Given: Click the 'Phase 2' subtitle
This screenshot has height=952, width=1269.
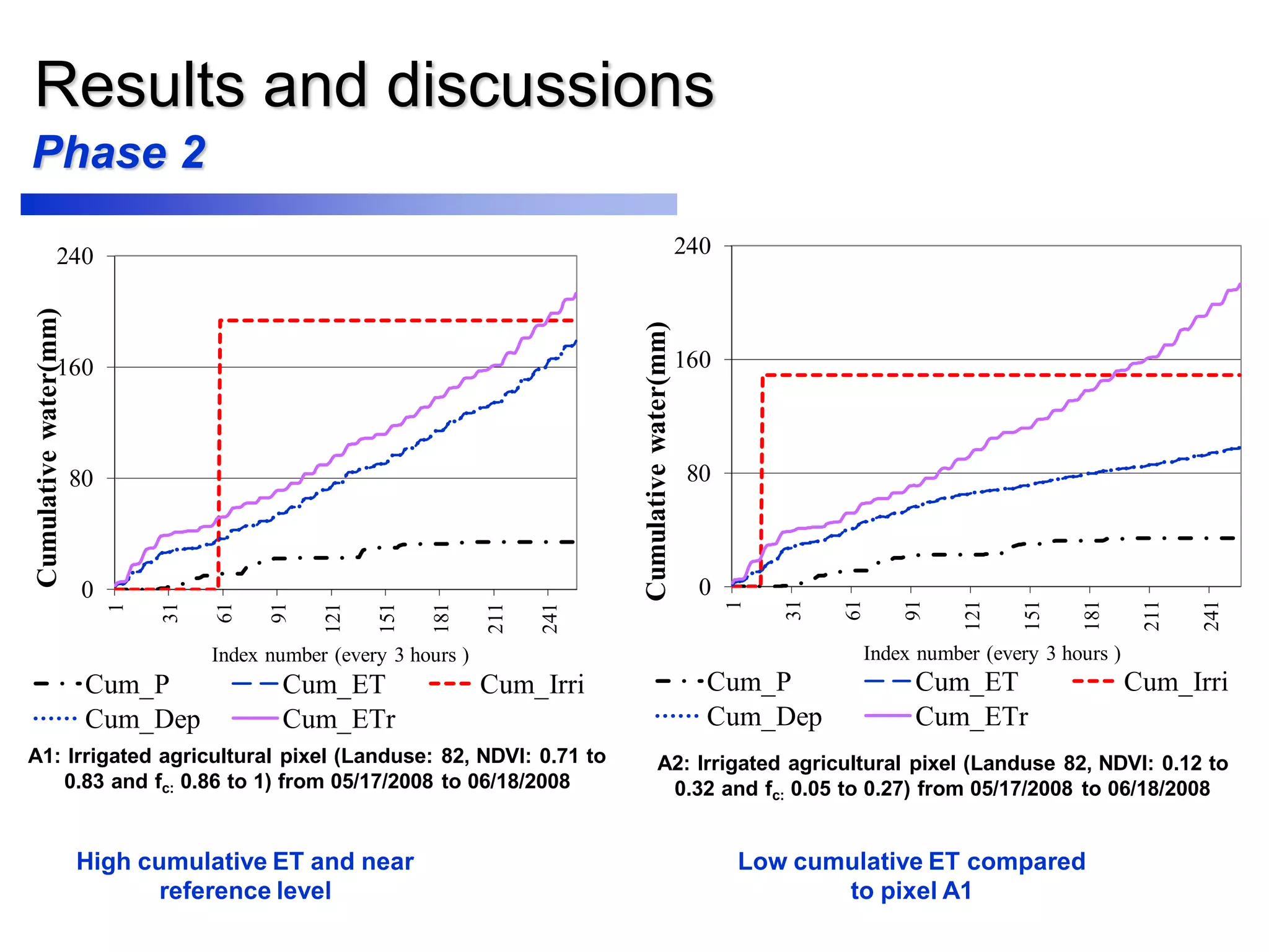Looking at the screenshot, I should [119, 152].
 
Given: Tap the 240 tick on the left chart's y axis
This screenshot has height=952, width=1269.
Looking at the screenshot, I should [75, 256].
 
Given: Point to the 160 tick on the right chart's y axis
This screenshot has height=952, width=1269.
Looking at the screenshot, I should [692, 359].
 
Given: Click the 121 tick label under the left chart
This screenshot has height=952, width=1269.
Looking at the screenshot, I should [333, 619].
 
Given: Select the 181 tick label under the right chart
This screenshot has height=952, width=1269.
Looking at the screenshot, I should [1091, 616].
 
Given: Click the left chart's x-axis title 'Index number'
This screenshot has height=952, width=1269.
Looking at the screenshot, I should [270, 655].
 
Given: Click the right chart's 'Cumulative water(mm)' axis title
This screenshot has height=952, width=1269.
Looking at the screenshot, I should [656, 461].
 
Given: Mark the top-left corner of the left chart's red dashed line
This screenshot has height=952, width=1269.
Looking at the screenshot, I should [221, 321].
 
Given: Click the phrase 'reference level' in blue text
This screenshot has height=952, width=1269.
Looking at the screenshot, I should [245, 891].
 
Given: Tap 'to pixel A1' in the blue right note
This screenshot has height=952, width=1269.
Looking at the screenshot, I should [911, 891].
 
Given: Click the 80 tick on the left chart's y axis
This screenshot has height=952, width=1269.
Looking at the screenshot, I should [81, 478].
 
